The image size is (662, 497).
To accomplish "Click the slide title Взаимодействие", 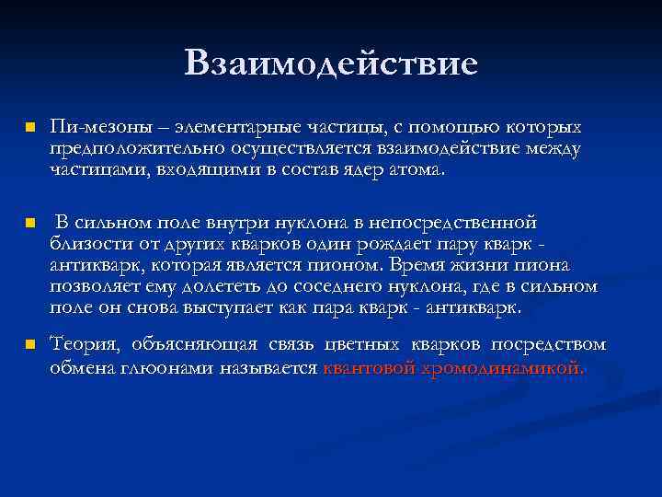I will [331, 64].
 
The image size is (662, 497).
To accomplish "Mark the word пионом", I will [345, 265].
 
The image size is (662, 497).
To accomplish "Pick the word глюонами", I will [178, 367].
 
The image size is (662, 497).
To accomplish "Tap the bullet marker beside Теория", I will [29, 346].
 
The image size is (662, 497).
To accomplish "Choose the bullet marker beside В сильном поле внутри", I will [29, 224].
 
